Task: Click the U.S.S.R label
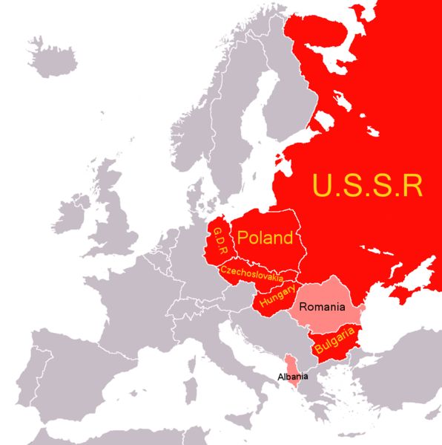367,185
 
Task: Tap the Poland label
265,238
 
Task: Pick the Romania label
321,306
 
